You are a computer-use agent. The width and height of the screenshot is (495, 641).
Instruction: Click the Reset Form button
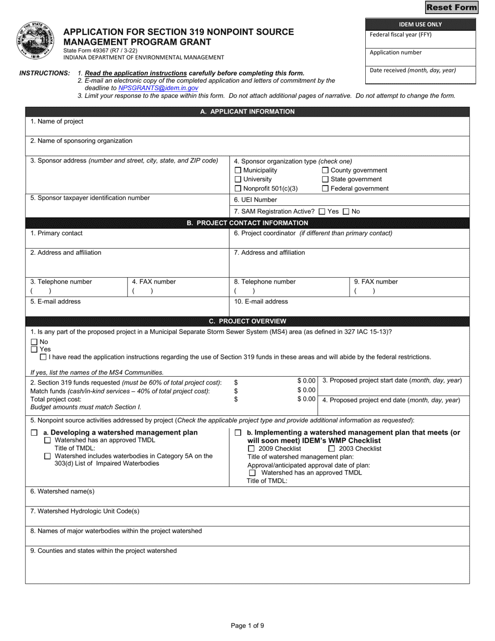coord(451,7)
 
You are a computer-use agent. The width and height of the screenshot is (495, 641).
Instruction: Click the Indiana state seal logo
coord(36,42)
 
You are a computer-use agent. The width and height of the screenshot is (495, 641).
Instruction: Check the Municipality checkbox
coord(238,170)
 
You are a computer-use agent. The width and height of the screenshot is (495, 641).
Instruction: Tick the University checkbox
coord(238,179)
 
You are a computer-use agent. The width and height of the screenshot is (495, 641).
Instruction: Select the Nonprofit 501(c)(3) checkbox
coord(238,189)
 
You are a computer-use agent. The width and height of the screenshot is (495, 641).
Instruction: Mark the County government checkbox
coord(325,170)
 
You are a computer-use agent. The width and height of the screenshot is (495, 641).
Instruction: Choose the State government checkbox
coord(325,179)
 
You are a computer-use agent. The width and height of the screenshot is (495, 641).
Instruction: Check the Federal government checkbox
coord(325,189)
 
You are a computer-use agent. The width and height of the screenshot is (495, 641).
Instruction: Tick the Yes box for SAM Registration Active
coord(321,212)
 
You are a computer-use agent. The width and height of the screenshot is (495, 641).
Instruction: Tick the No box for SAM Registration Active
coord(346,212)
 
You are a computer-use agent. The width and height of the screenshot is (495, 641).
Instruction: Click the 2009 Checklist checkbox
coord(251,449)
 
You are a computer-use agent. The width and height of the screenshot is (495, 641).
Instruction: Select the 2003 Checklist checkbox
coord(331,449)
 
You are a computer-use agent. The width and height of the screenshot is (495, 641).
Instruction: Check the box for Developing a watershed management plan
coord(34,433)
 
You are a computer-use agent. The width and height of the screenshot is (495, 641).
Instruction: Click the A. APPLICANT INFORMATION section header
coord(247,112)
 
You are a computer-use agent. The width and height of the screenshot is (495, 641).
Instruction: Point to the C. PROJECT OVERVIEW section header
coord(247,321)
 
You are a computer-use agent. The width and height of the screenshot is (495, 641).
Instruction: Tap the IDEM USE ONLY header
coord(420,24)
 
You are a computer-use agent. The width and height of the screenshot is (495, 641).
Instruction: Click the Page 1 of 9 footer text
coord(247,626)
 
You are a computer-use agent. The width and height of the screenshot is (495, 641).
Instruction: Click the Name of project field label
coord(57,121)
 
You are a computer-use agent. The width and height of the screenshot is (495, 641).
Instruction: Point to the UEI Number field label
coord(255,200)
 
